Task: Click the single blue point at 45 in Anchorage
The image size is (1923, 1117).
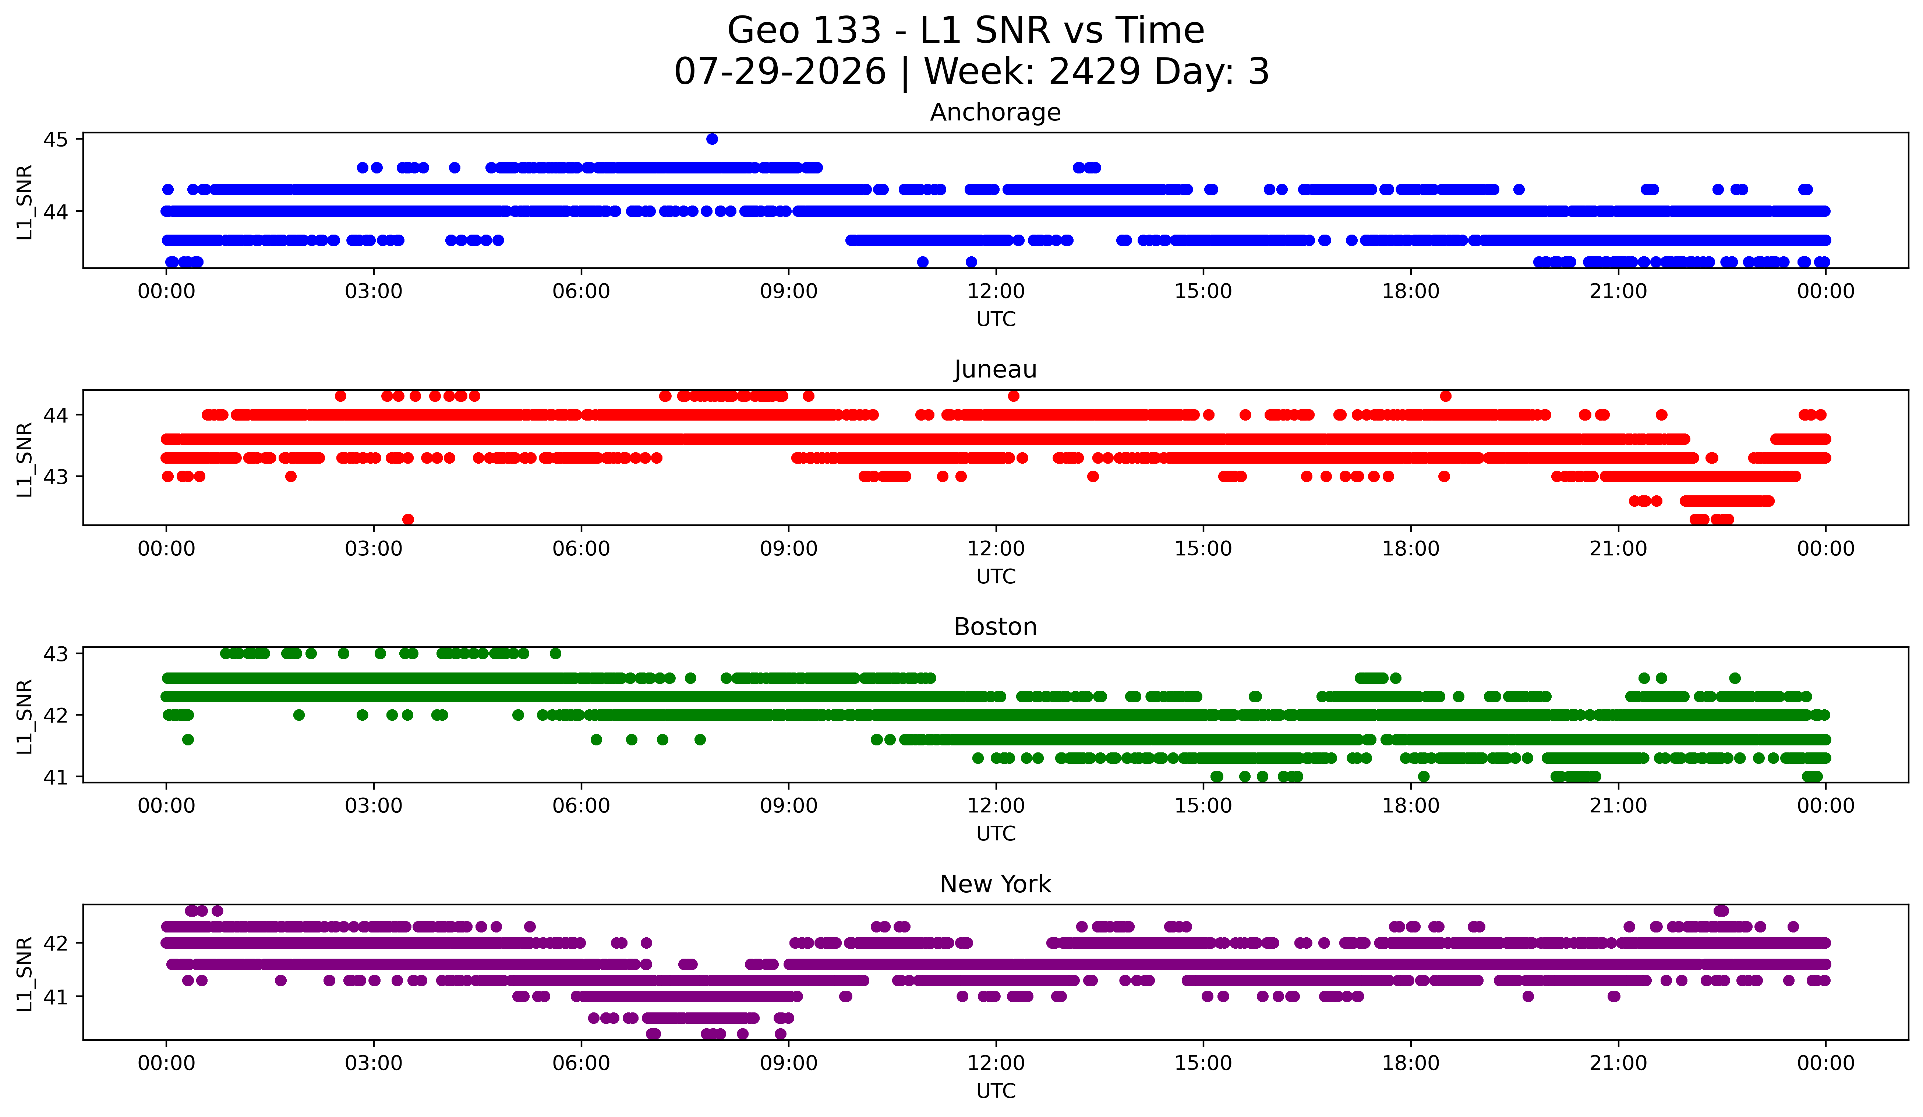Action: (712, 139)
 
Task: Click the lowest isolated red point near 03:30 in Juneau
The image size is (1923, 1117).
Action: (408, 519)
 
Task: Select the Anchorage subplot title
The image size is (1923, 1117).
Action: (995, 112)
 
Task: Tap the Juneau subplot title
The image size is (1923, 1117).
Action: (995, 369)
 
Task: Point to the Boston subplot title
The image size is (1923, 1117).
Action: (995, 627)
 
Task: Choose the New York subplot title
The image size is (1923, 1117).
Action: (995, 884)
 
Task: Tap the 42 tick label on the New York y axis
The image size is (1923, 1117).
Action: (55, 943)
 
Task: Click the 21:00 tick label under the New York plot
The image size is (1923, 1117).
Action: (1619, 1063)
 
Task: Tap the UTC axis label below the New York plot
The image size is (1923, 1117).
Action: (996, 1091)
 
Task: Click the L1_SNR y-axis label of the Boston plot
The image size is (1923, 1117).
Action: (24, 716)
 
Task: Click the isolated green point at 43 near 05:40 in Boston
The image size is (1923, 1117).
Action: (555, 654)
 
